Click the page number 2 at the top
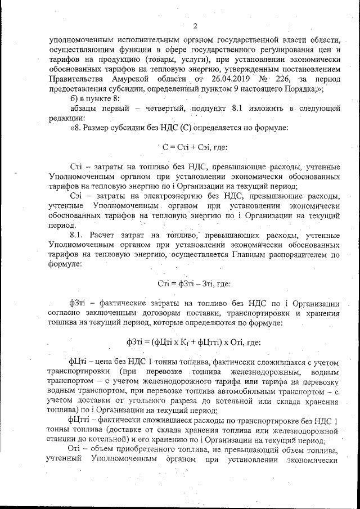click(194, 26)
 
